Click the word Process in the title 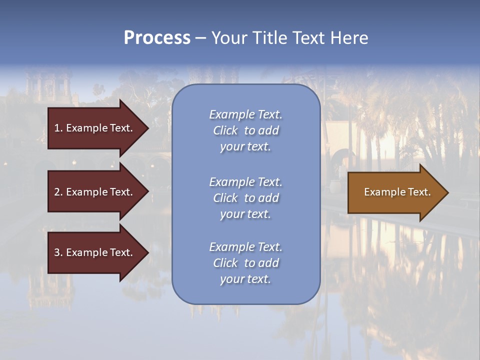(157, 38)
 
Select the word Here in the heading (349, 38)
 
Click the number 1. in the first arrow (58, 128)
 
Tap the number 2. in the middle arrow (58, 192)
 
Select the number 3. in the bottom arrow (58, 252)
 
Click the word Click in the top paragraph (225, 130)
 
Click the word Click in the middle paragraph (225, 198)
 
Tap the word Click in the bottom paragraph (225, 263)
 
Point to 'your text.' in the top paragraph (245, 146)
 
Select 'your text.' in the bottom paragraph (245, 279)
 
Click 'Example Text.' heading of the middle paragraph (245, 182)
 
